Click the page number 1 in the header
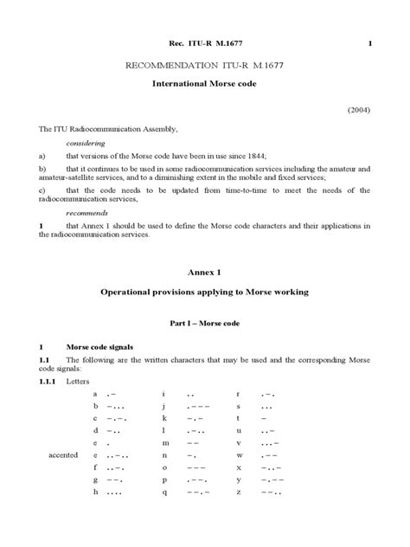[x=371, y=43]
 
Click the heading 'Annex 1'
[x=204, y=271]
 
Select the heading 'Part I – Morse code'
[x=205, y=323]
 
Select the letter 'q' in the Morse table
[x=163, y=492]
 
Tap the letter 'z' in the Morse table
[x=237, y=492]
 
